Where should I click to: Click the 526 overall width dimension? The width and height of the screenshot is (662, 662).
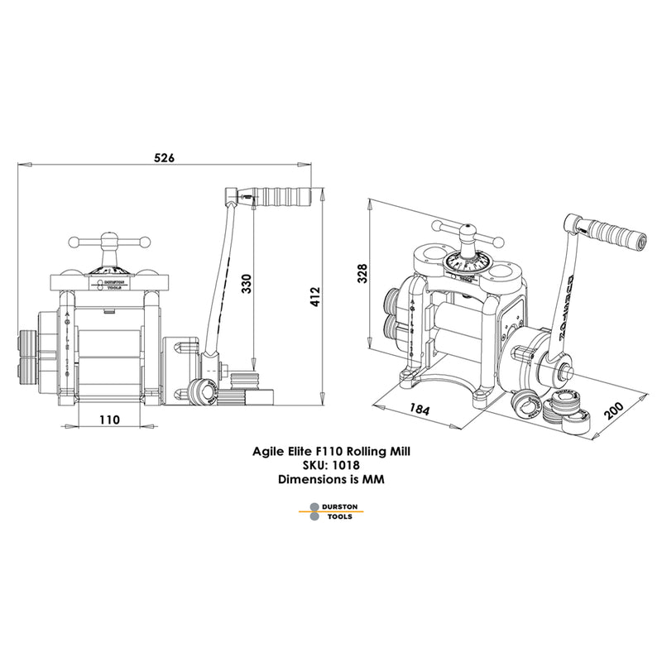tap(164, 158)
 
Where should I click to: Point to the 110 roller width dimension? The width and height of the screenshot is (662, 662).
tap(109, 420)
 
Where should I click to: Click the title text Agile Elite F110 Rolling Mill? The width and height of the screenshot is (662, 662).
tap(330, 453)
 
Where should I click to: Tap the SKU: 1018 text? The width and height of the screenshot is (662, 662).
tap(330, 465)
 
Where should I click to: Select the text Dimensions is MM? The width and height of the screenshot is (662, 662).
tap(330, 478)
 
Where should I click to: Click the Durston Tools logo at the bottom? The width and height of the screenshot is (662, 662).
tap(330, 511)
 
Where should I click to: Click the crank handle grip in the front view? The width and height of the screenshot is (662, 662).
tap(286, 198)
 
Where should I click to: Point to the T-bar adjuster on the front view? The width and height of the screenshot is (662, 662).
tap(108, 242)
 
